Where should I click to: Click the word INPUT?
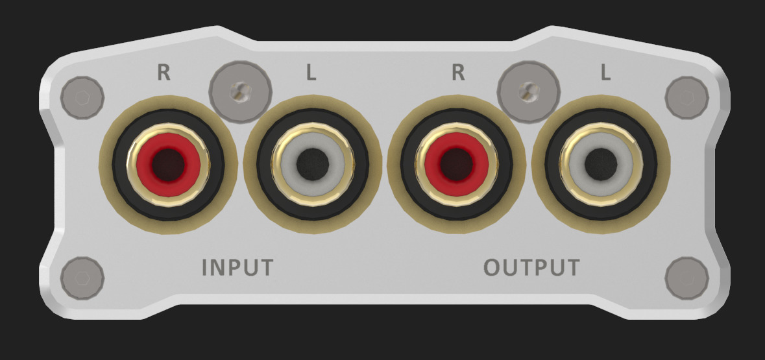237,267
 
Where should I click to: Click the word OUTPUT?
531,267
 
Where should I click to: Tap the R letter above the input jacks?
164,73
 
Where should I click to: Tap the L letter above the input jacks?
311,73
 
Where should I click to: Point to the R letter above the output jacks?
458,73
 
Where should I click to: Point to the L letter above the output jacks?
605,73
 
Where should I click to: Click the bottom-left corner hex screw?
82,278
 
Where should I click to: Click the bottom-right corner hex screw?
686,278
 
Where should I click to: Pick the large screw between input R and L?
240,92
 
